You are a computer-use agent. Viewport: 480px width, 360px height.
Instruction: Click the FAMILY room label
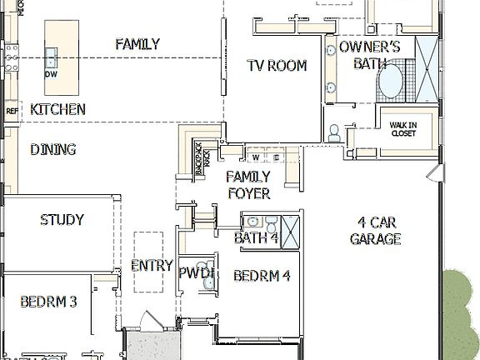coord(137,44)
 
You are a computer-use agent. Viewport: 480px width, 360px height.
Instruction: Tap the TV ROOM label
coord(277,66)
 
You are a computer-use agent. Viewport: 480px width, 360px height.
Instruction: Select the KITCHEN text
coord(57,109)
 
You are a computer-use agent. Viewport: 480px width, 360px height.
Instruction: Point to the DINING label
coord(53,150)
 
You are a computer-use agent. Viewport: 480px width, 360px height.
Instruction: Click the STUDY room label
coord(62,220)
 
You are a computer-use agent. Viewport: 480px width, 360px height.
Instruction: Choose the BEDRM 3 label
coord(48,302)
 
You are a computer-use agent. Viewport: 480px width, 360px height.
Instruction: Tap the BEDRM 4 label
coord(262,276)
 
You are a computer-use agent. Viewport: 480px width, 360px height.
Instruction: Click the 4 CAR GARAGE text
coord(375,231)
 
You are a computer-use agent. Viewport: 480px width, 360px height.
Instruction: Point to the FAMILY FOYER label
coord(248,185)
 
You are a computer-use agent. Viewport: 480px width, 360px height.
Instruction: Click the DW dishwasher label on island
coord(50,73)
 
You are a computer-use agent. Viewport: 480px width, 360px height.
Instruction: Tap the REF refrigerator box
coord(12,110)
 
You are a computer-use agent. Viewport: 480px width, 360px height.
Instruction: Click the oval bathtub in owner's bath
coord(390,84)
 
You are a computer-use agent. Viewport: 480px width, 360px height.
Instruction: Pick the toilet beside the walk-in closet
coord(333,132)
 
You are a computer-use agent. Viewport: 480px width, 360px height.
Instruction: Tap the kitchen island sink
coord(51,58)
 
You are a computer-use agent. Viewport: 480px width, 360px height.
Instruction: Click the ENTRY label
coord(152,266)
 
